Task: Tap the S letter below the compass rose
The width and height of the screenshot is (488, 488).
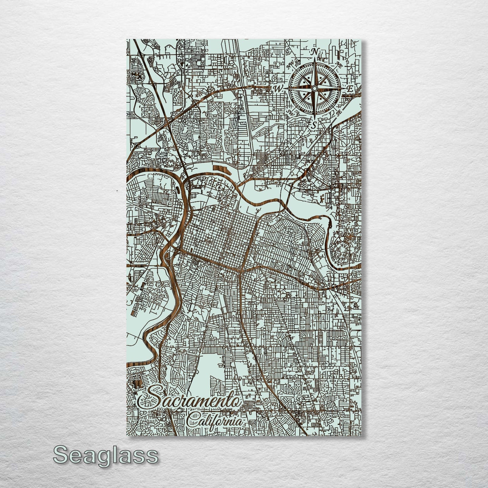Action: coord(314,125)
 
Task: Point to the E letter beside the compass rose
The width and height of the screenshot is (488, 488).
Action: coord(351,89)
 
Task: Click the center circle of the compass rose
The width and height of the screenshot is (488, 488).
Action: coord(314,88)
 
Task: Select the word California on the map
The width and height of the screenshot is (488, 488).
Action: coord(214,421)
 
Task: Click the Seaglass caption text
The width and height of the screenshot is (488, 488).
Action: coord(105,455)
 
